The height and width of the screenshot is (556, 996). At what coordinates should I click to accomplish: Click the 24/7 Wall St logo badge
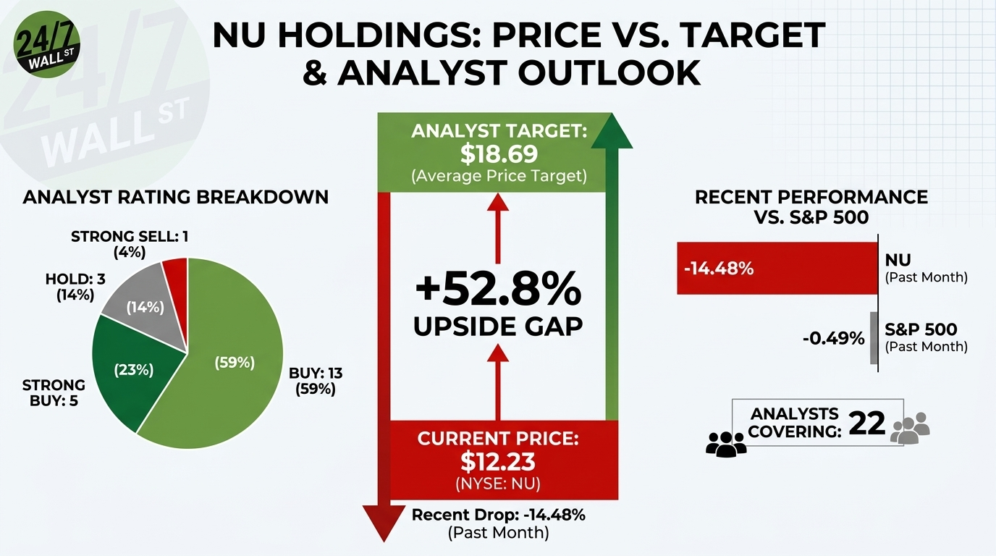point(47,44)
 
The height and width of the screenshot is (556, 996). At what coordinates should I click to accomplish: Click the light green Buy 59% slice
point(227,361)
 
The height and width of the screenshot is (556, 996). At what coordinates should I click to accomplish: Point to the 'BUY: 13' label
point(316,373)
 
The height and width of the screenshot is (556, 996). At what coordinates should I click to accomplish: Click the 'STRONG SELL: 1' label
point(130,236)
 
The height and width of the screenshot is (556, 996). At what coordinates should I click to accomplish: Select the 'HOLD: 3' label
point(75,279)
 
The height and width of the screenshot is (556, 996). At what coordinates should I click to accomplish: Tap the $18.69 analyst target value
point(499,154)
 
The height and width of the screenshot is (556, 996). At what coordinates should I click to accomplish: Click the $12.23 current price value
point(498,461)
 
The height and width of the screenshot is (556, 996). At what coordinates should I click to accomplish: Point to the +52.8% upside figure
point(498,290)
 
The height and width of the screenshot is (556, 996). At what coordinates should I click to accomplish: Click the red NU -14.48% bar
point(777,268)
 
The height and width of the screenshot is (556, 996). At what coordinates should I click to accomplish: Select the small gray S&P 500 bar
point(874,338)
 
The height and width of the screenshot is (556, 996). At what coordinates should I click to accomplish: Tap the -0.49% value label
point(834,339)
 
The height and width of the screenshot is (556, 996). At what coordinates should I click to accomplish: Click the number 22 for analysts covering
point(866,424)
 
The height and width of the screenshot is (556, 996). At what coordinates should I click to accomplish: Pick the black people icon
point(726,444)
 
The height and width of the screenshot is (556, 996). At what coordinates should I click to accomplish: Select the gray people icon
point(910,428)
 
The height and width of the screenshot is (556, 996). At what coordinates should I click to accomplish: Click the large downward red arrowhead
point(384,523)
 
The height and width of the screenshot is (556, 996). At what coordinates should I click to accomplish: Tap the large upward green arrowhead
point(612,130)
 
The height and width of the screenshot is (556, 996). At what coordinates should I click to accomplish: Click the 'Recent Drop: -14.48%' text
point(499,515)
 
